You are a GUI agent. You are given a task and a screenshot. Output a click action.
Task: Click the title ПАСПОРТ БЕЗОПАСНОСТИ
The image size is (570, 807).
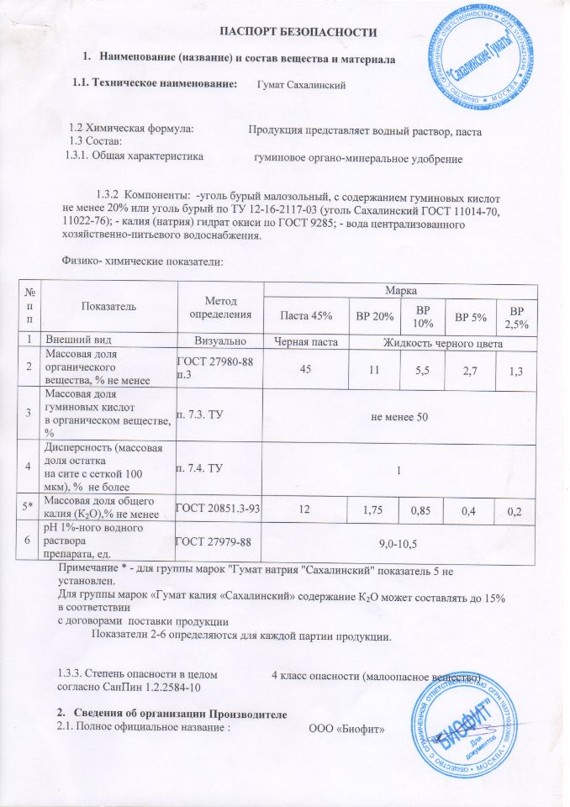point(297,32)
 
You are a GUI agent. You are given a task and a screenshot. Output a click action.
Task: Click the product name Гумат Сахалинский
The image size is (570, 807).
point(300,84)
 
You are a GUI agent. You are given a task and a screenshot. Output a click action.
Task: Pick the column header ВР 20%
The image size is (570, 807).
point(375,316)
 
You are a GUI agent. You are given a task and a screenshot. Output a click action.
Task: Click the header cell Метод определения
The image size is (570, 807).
point(220,308)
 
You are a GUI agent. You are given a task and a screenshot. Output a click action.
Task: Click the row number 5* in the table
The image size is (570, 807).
point(29,509)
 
